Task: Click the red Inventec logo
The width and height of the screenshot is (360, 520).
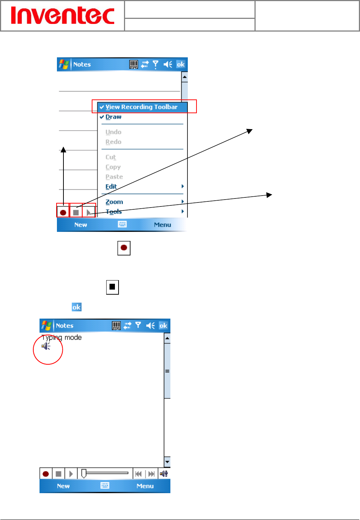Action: [x=62, y=16]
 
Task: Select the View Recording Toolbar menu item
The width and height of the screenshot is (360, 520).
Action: [x=141, y=107]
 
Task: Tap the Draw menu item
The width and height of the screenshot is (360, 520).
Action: [x=113, y=117]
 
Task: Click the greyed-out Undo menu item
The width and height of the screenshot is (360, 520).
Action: [x=113, y=132]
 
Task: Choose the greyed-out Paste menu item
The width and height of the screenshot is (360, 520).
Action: [x=114, y=177]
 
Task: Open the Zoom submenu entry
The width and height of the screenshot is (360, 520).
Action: [x=114, y=202]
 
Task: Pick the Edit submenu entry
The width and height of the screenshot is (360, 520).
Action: [x=111, y=187]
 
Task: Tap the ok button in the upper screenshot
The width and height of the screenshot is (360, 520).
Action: [x=181, y=65]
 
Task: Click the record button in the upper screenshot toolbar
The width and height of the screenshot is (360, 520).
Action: [x=63, y=212]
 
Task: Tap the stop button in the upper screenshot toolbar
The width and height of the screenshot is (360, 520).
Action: [x=76, y=212]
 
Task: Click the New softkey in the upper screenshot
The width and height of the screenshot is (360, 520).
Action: [x=80, y=225]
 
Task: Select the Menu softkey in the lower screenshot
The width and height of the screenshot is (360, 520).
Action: [x=145, y=486]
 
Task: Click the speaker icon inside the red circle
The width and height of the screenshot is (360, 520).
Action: [x=46, y=346]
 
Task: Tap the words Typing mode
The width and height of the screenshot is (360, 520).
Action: [x=62, y=337]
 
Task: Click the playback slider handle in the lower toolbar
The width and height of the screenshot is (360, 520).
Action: [x=84, y=473]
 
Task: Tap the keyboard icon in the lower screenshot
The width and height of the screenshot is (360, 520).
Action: [x=105, y=486]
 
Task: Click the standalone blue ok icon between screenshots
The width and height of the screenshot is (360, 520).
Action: [x=76, y=307]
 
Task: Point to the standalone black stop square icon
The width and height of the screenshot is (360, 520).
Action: [x=112, y=287]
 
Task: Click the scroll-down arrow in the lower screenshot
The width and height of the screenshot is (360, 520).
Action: [x=167, y=462]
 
